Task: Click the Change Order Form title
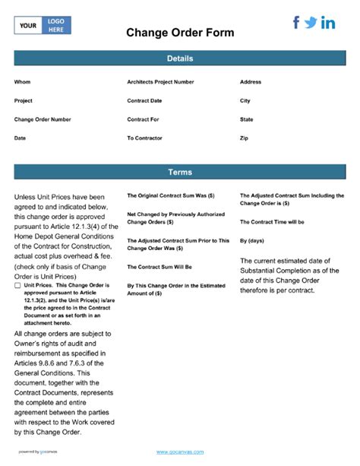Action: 179,33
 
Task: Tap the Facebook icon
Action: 296,23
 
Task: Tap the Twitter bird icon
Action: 311,23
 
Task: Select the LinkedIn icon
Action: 328,23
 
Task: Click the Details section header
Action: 179,59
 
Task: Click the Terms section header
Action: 179,172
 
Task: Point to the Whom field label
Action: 23,82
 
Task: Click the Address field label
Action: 251,82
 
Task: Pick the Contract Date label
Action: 144,100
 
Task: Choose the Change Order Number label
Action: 43,119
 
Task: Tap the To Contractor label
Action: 144,138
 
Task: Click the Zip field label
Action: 244,138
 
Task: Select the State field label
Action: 246,119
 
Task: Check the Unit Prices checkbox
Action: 17,285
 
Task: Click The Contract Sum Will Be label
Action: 159,267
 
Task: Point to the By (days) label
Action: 252,240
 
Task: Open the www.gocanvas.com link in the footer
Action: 179,452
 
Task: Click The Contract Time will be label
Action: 272,222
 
